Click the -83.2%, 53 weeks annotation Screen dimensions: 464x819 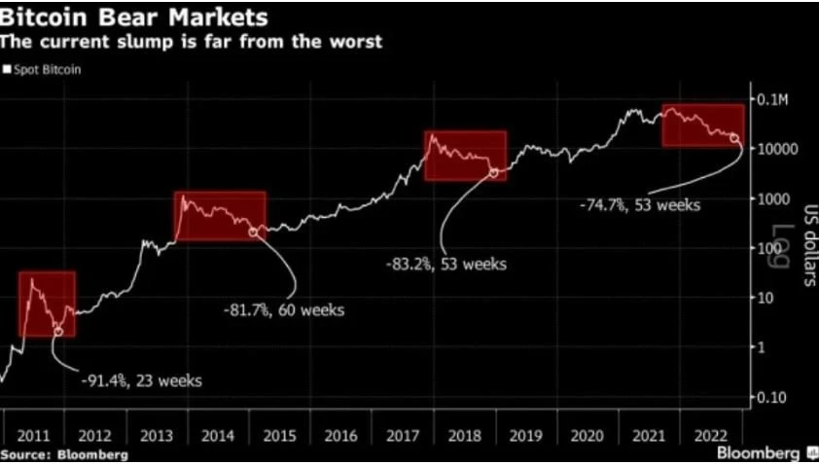click(446, 263)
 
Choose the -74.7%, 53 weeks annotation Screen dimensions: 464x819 click(641, 205)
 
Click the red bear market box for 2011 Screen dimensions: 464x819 click(47, 303)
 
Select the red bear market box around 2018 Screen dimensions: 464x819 click(466, 156)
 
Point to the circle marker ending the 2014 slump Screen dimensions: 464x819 click(254, 232)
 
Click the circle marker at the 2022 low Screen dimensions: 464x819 click(734, 139)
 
